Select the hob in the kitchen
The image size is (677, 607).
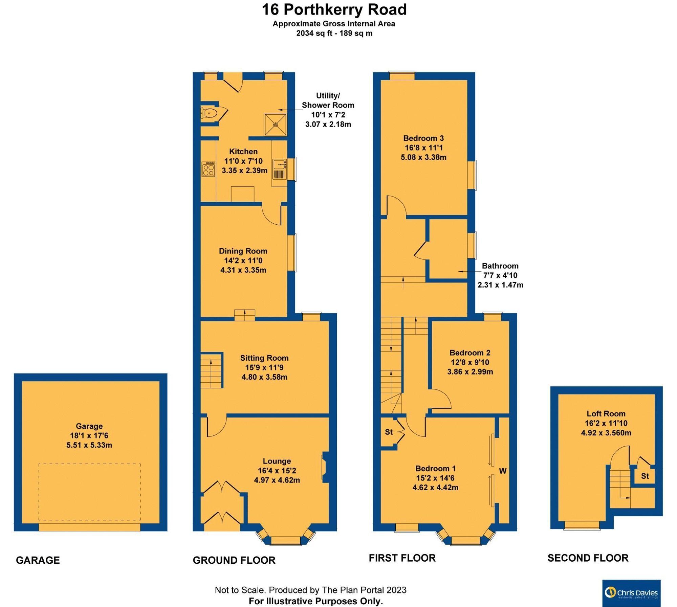point(208,169)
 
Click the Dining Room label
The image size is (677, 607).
point(243,251)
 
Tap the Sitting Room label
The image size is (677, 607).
point(264,358)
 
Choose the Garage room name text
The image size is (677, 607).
point(89,426)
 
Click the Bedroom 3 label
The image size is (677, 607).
point(423,138)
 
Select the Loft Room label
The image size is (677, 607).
point(606,413)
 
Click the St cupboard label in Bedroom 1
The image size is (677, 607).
point(389,432)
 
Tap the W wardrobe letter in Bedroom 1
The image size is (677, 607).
point(503,471)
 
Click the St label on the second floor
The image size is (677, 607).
point(645,476)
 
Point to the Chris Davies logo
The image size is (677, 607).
point(631,593)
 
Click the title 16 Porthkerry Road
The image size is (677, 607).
point(334,9)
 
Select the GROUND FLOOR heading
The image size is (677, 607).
point(234,560)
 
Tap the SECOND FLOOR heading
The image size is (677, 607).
point(588,558)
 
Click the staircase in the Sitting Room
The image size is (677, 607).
point(211,370)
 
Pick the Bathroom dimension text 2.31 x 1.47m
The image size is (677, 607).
point(500,285)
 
